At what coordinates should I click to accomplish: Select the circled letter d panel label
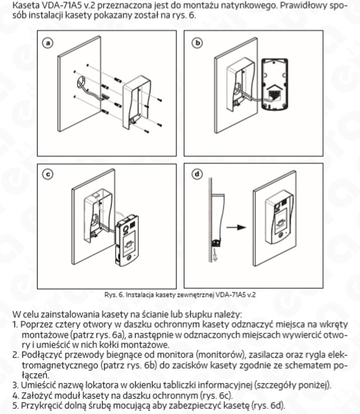coord(198,174)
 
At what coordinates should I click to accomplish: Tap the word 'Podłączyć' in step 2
coord(42,355)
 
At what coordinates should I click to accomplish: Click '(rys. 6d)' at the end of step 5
coord(266,405)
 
